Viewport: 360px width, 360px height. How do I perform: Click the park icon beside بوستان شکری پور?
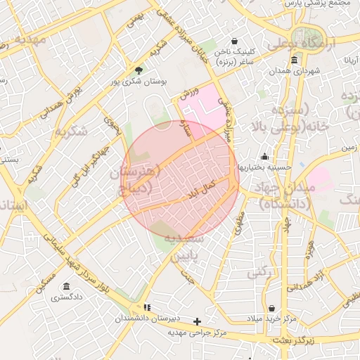pyautogui.click(x=139, y=70)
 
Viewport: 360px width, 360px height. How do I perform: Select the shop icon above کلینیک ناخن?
pyautogui.click(x=234, y=41)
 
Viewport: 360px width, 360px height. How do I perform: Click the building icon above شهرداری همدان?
pyautogui.click(x=294, y=60)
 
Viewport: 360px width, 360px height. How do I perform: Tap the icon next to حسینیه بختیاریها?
pyautogui.click(x=264, y=156)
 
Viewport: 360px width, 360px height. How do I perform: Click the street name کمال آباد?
pyautogui.click(x=202, y=187)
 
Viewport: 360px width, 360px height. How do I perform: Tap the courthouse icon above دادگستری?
pyautogui.click(x=66, y=286)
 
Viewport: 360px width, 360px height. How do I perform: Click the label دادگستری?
pyautogui.click(x=66, y=297)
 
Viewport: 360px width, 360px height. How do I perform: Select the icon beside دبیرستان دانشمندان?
pyautogui.click(x=147, y=307)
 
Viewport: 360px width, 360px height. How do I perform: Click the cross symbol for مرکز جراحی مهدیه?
pyautogui.click(x=198, y=321)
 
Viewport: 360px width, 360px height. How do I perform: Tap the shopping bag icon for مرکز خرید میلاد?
pyautogui.click(x=271, y=308)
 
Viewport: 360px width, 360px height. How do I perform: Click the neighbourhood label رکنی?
pyautogui.click(x=262, y=271)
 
